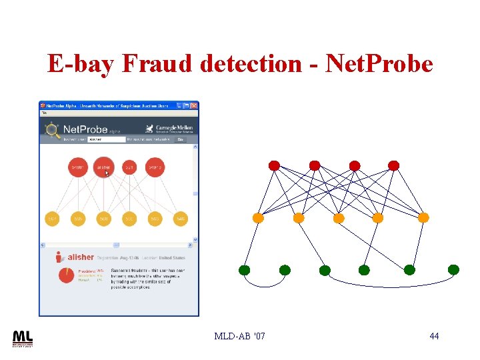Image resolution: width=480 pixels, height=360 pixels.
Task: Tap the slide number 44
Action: point(434,336)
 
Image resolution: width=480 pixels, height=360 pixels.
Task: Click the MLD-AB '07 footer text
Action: point(239,336)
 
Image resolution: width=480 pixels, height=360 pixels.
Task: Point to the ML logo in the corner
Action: point(22,338)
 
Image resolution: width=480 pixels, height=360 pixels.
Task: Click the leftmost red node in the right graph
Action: point(274,165)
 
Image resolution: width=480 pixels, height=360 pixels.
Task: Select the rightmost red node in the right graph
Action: point(394,165)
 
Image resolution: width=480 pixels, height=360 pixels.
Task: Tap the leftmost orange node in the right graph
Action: point(258,218)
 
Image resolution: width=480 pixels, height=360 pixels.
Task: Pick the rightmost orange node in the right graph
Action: point(423,217)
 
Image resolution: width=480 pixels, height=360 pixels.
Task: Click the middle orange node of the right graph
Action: point(339,218)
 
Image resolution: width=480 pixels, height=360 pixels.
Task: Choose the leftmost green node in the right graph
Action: point(245,270)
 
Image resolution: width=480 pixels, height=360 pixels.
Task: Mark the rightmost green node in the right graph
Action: point(453,269)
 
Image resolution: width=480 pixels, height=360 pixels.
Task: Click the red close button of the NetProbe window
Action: point(194,105)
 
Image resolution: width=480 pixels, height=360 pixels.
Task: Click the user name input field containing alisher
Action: point(107,140)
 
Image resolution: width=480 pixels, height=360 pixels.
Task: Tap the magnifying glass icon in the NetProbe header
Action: point(52,129)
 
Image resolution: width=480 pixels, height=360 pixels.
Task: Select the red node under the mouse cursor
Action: point(103,167)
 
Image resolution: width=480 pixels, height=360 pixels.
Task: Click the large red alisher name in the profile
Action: point(80,257)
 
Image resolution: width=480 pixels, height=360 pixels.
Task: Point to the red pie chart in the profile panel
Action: point(66,275)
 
